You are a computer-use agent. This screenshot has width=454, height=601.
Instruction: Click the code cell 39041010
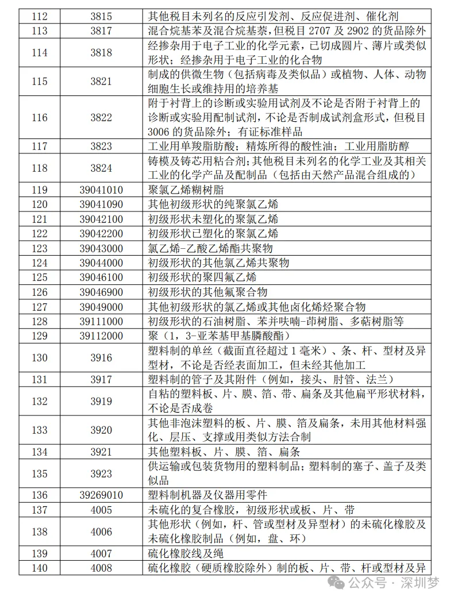click(x=101, y=190)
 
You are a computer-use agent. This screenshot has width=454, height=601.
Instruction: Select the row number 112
click(x=40, y=17)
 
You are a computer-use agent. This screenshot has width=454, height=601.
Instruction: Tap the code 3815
click(x=101, y=17)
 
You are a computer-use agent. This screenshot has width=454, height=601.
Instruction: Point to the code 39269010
click(x=101, y=495)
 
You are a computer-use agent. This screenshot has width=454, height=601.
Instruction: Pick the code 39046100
click(x=101, y=278)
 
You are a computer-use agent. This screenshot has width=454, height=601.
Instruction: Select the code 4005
click(x=101, y=510)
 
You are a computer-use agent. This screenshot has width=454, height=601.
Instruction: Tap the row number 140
click(x=40, y=568)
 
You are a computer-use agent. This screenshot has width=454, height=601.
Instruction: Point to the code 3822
click(x=101, y=118)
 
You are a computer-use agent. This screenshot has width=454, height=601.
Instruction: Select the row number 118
click(x=40, y=168)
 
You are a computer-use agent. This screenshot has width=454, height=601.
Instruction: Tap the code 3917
click(x=101, y=378)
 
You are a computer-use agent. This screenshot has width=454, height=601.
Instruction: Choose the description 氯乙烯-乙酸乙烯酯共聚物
click(x=210, y=248)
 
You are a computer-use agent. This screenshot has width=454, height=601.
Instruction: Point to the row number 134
click(x=40, y=452)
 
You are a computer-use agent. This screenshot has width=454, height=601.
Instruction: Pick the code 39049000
click(x=101, y=307)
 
